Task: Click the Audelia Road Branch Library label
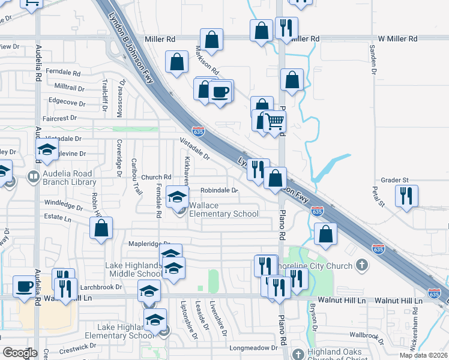pos(67,178)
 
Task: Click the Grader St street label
pos(394,180)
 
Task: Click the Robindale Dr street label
pos(219,190)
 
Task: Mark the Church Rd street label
pos(157,177)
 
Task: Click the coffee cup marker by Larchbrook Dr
pos(25,286)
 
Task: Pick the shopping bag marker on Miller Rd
pos(211,40)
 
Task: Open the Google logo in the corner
pos(20,353)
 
